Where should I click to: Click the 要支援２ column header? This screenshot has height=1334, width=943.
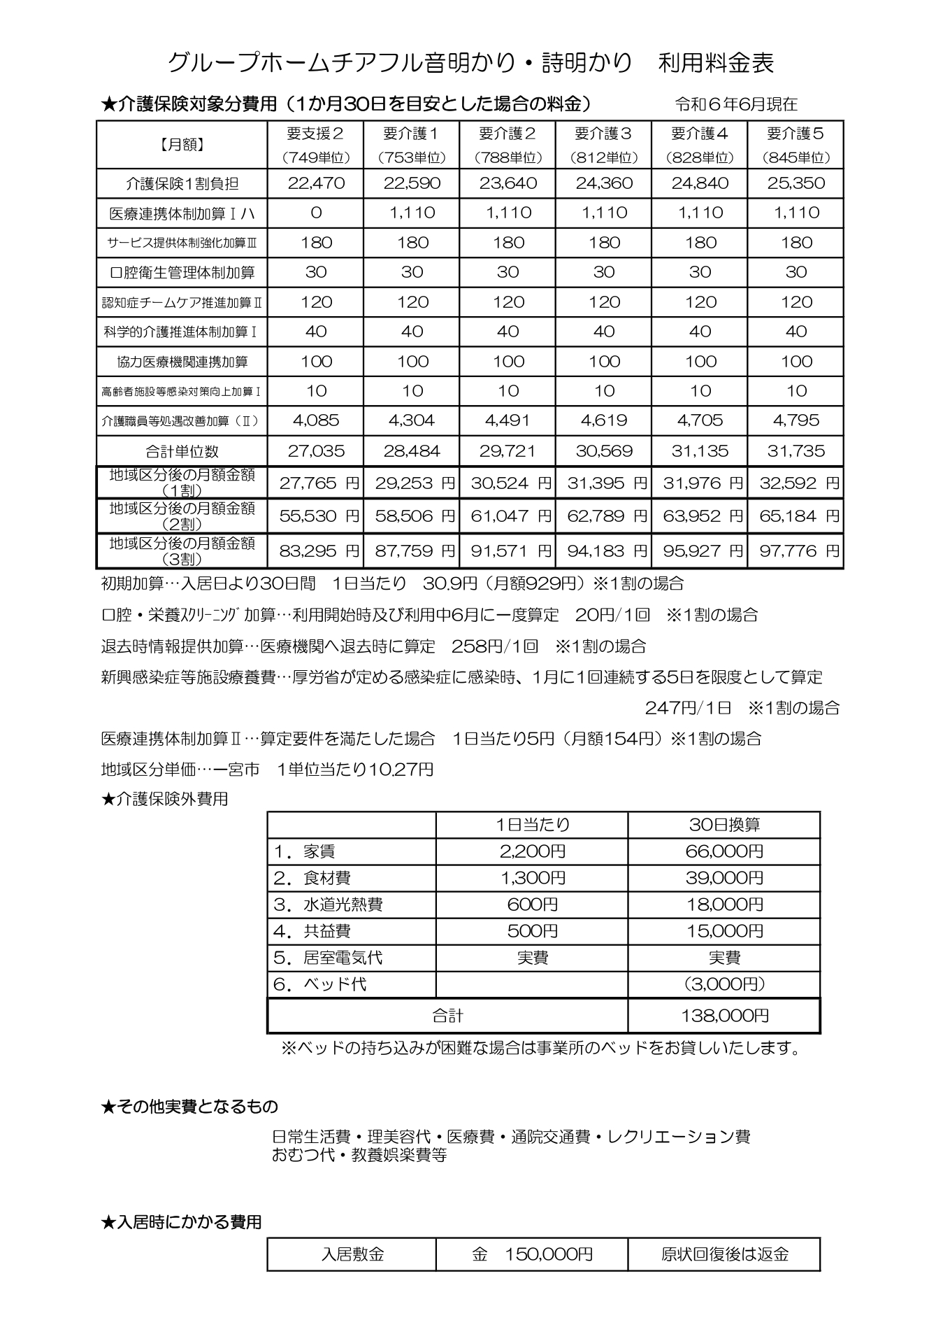click(315, 133)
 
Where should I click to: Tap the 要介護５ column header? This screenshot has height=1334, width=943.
click(796, 133)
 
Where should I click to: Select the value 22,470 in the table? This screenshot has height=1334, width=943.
click(315, 183)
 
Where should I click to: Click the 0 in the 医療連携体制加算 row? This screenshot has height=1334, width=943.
click(315, 213)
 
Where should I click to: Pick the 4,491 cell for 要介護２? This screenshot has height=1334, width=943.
click(508, 420)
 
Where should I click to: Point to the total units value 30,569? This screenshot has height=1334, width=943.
click(604, 451)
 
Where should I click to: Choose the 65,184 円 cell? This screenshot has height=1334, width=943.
click(796, 516)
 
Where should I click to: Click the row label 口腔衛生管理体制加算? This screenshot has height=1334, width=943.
click(182, 272)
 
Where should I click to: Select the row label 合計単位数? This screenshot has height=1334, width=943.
click(182, 451)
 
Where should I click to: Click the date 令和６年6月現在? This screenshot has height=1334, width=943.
click(736, 104)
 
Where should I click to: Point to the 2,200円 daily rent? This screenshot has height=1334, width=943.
click(532, 851)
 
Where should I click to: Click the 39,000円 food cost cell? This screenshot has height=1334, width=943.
click(724, 878)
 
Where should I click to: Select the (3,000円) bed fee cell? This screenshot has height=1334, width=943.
click(724, 984)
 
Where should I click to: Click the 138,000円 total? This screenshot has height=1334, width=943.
click(724, 1016)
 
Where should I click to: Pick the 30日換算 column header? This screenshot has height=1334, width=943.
click(724, 825)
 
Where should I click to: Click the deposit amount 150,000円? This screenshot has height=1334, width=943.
click(532, 1254)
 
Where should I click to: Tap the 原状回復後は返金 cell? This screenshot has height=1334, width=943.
click(724, 1254)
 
